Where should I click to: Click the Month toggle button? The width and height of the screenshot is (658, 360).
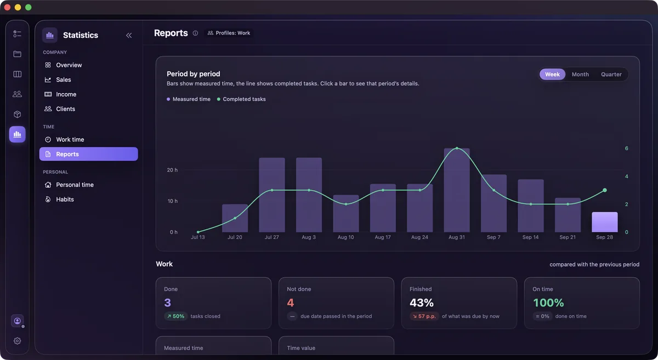click(580, 75)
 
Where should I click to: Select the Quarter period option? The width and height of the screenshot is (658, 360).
click(611, 75)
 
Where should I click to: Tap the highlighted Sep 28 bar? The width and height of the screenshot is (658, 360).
click(604, 222)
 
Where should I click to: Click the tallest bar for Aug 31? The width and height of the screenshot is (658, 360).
click(456, 190)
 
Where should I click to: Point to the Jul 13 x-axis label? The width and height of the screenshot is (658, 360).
click(198, 237)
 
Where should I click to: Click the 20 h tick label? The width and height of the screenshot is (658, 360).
click(172, 170)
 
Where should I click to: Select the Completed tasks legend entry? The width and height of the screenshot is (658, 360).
click(241, 99)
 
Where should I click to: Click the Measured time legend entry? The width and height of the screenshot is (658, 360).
click(189, 99)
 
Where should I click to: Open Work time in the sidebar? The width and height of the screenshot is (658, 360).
click(70, 140)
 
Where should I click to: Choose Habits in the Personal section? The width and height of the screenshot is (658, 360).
click(65, 199)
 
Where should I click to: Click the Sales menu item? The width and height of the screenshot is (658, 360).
click(64, 79)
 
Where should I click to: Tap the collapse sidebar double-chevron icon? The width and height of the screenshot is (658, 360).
click(129, 35)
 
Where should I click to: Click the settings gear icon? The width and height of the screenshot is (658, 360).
click(18, 341)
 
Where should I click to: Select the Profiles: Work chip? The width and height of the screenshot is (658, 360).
click(229, 33)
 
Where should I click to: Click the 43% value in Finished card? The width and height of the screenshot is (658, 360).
click(422, 302)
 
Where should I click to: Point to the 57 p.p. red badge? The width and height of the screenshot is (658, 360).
click(424, 316)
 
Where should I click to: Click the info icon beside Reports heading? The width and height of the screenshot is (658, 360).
click(195, 33)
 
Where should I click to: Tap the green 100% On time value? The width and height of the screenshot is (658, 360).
click(548, 302)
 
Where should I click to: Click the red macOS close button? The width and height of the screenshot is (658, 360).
click(7, 7)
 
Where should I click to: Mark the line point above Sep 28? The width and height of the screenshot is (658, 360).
click(604, 190)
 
